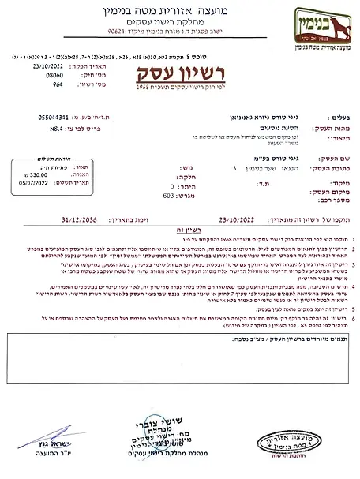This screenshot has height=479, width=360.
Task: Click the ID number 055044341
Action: [x=66, y=116]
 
